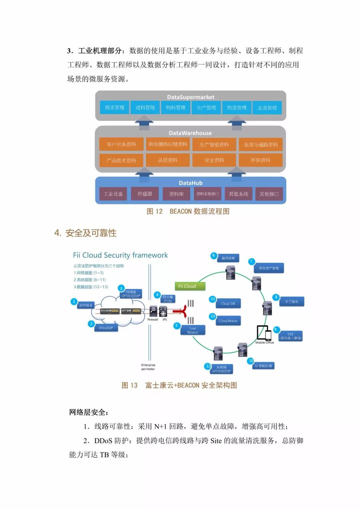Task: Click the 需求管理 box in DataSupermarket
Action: click(114, 108)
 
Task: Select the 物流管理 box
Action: click(237, 108)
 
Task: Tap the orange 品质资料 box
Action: click(168, 160)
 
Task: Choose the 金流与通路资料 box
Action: click(261, 145)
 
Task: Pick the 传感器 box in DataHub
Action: click(145, 194)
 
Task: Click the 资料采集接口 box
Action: click(207, 194)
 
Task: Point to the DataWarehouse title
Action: click(190, 133)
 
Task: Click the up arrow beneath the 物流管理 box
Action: click(237, 124)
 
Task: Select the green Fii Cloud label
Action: click(190, 286)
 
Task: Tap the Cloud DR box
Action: click(228, 304)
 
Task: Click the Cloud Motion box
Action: click(228, 321)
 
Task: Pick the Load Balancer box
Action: click(193, 330)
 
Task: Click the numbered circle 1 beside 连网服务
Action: click(74, 301)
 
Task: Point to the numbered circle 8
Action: click(276, 297)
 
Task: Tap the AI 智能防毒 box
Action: click(263, 366)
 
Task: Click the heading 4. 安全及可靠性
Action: click(86, 233)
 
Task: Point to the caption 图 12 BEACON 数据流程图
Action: click(188, 211)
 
